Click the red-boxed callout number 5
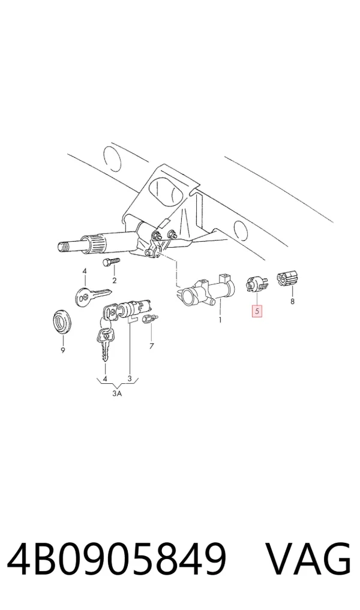tap(257, 311)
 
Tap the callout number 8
tap(292, 301)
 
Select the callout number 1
tap(220, 320)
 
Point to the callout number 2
tap(115, 281)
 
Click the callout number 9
tap(62, 350)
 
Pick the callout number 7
tap(151, 345)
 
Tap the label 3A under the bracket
tap(117, 393)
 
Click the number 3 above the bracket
tap(130, 378)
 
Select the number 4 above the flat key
tap(85, 271)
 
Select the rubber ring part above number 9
tap(62, 321)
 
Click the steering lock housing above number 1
tap(206, 292)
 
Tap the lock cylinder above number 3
tap(134, 308)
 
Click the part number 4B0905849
tap(116, 560)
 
